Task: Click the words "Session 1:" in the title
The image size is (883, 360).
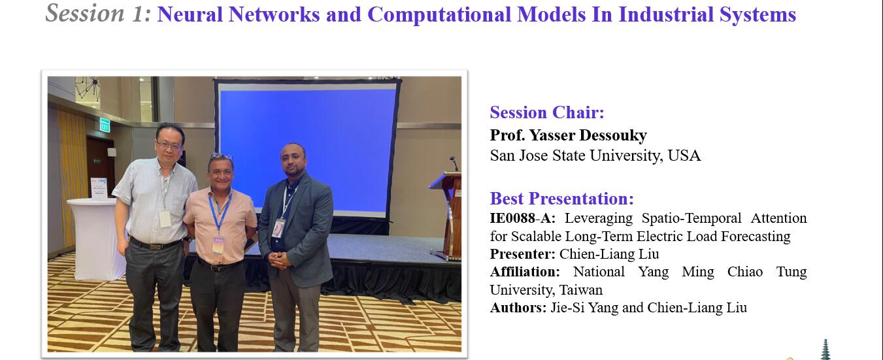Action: [98, 13]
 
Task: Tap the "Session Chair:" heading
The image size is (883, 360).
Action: [547, 112]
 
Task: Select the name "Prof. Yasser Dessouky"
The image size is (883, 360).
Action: [568, 135]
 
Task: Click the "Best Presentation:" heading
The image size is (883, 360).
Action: [561, 199]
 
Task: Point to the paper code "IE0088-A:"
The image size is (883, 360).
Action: [523, 218]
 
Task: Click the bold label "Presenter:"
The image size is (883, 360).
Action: [522, 254]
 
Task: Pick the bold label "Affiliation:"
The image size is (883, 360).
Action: [525, 272]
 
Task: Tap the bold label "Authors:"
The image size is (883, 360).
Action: [518, 308]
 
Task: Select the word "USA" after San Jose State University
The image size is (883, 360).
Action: [684, 155]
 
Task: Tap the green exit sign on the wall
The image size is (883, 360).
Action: [105, 125]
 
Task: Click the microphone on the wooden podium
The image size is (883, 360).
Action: [454, 163]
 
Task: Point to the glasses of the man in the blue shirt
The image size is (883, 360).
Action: [169, 146]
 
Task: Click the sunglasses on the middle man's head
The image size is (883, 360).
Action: [221, 156]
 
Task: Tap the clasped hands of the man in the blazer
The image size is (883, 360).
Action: [280, 259]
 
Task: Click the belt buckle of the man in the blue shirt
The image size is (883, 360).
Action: [154, 247]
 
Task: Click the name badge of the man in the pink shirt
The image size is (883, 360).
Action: [218, 244]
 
